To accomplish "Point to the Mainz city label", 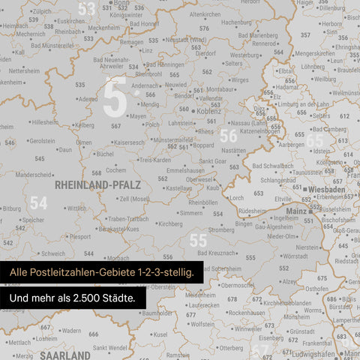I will [x=296, y=212].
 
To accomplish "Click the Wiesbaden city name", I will [x=325, y=190].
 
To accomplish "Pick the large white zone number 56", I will [x=228, y=136].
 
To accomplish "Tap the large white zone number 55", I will [x=198, y=240].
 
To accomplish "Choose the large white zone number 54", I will [x=38, y=202].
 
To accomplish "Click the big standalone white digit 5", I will [x=114, y=99].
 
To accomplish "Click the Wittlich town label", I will [x=76, y=208].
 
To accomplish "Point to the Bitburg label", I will [x=11, y=208].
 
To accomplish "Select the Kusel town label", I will [x=160, y=334].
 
